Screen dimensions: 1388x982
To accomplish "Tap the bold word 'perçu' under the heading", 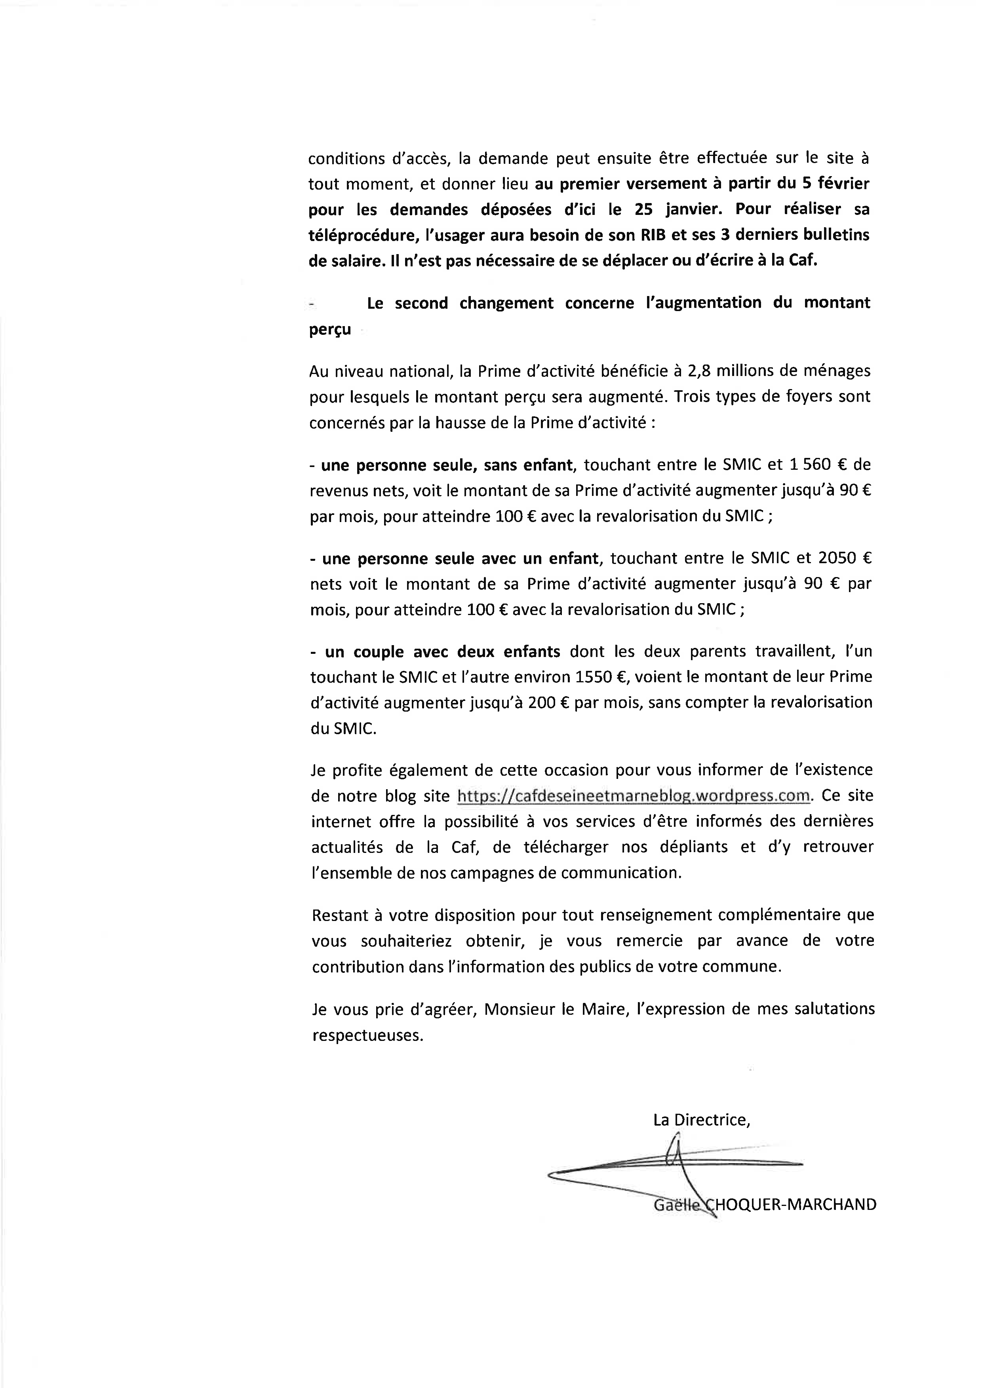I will (x=329, y=330).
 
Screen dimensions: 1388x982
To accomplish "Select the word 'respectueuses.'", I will (x=367, y=1035).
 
